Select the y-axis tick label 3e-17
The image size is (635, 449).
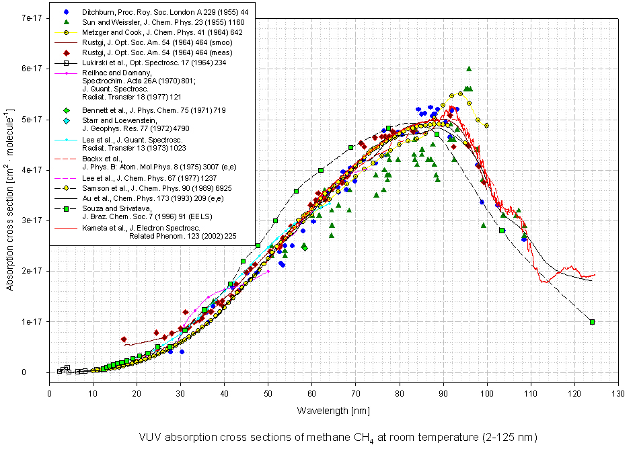[x=30, y=220]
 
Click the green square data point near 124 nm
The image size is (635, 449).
[x=592, y=322]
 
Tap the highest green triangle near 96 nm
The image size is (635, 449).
[x=468, y=69]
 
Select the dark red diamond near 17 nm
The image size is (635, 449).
[x=124, y=339]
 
